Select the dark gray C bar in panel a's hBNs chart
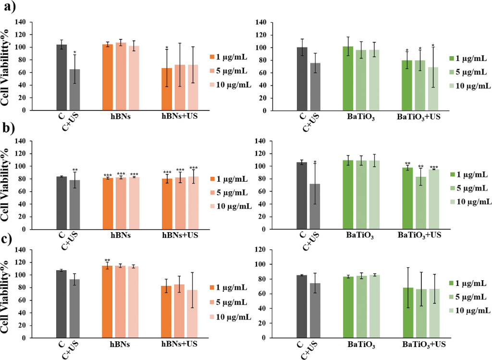[x=61, y=77]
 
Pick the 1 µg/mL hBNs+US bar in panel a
[x=167, y=89]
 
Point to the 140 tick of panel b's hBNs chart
[x=34, y=141]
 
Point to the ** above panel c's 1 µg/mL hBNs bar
[x=108, y=261]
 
